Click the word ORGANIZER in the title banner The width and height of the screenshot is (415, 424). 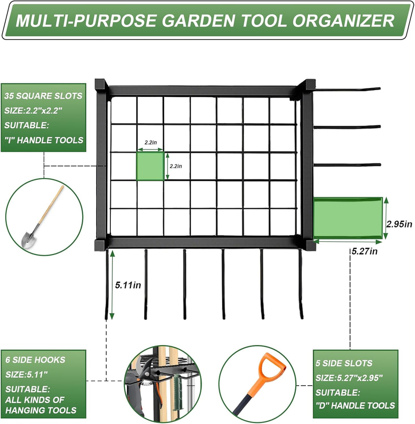(x=343, y=21)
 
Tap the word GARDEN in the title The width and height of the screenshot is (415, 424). (x=198, y=21)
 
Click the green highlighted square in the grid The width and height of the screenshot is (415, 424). (x=150, y=166)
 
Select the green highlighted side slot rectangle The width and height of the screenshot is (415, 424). (x=348, y=218)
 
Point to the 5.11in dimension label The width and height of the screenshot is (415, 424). (x=128, y=285)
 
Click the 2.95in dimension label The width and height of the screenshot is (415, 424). (x=399, y=224)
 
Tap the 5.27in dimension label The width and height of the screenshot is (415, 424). (x=365, y=251)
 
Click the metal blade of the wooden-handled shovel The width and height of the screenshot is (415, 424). (x=29, y=240)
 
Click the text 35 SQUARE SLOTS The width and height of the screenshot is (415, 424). (x=43, y=96)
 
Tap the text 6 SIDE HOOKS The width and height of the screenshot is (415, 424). (x=36, y=360)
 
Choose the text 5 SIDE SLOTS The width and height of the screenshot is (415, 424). (x=344, y=363)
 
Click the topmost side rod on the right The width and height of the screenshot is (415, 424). (x=347, y=89)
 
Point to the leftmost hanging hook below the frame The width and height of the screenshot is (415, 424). (x=107, y=284)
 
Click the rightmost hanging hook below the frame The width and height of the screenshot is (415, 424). (x=301, y=284)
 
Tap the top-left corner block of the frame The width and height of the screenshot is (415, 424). (x=101, y=85)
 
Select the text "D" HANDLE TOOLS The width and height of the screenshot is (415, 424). (x=355, y=405)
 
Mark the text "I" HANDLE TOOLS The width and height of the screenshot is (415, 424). (x=44, y=140)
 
